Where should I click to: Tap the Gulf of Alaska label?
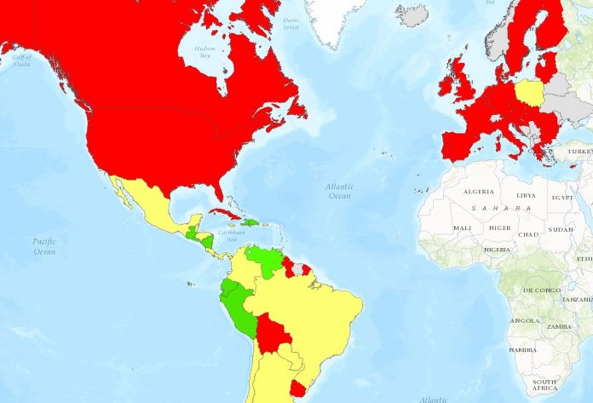(x=21, y=61)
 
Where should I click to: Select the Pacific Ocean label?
(x=44, y=247)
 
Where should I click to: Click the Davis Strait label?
(x=291, y=24)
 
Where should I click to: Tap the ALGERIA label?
(x=478, y=192)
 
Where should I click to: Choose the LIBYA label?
(x=526, y=195)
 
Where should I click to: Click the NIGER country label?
(x=500, y=228)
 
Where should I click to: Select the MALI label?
(x=462, y=228)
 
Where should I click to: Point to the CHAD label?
(x=528, y=235)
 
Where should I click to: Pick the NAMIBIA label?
(x=523, y=350)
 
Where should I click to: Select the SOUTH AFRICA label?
(x=544, y=385)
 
